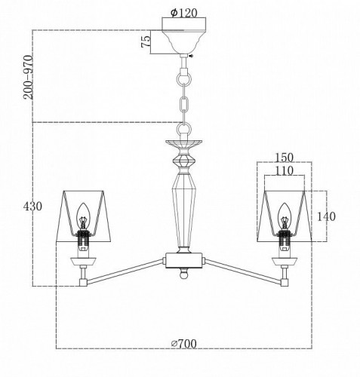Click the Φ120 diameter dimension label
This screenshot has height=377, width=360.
pos(183,13)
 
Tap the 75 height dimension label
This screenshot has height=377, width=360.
pos(146,41)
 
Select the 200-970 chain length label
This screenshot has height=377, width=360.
pos(28,77)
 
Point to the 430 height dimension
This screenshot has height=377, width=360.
pos(32,207)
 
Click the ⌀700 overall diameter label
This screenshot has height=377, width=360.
pos(184,344)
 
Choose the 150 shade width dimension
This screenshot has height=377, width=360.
pos(285,158)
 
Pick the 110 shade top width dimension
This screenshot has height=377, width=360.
pos(285,171)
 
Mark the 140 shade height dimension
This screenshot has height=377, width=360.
pos(326,216)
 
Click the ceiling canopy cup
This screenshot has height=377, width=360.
pos(183,42)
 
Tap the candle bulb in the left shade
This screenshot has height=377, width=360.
pos(83,216)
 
